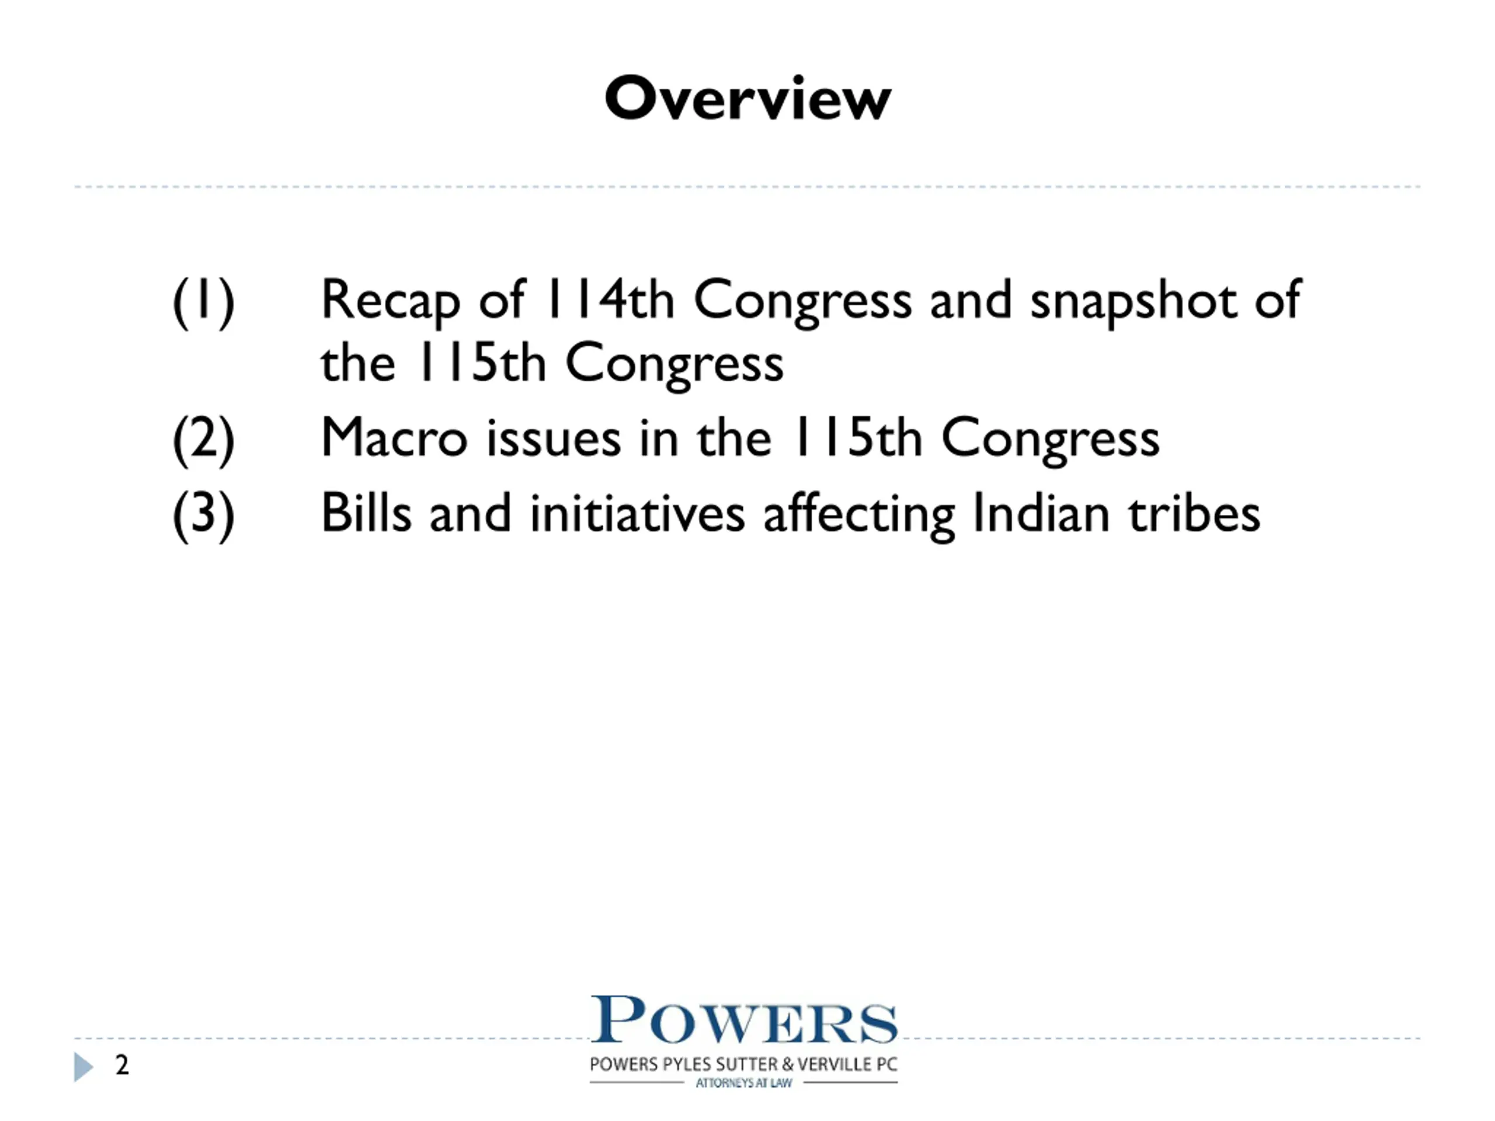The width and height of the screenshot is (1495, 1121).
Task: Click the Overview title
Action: [x=747, y=98]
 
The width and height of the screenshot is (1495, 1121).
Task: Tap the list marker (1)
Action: [x=203, y=302]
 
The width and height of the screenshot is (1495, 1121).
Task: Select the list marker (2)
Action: [x=203, y=441]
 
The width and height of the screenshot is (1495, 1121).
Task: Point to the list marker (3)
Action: [x=203, y=516]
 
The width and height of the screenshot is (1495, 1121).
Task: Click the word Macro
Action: [x=394, y=437]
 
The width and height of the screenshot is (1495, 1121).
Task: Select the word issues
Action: [x=554, y=437]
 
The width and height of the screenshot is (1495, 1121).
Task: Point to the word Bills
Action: [x=366, y=512]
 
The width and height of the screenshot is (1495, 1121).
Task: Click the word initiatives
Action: [x=637, y=512]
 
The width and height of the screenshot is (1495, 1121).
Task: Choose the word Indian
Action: [x=1041, y=512]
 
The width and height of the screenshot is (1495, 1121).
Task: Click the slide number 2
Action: [x=121, y=1065]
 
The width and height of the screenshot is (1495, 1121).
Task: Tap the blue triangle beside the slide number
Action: [x=83, y=1067]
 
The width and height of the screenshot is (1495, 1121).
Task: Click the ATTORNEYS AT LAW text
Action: [x=743, y=1083]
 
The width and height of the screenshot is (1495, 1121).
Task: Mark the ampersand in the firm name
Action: [x=788, y=1064]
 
